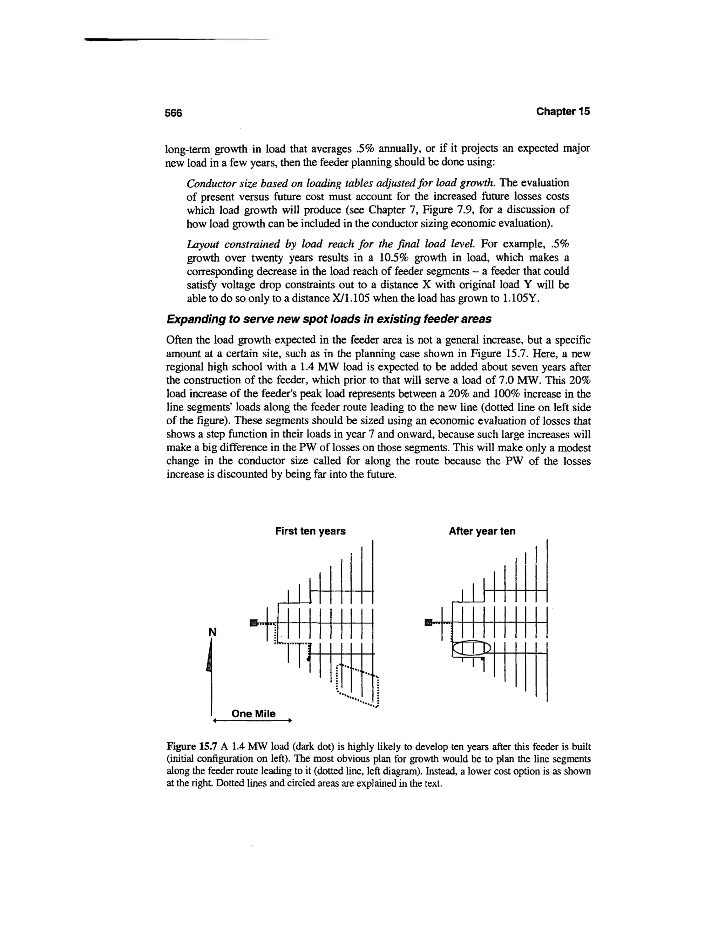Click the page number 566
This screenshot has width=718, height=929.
coord(173,113)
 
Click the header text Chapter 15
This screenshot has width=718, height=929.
coord(563,111)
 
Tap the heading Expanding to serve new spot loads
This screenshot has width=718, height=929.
coord(328,319)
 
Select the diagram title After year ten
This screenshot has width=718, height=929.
coord(482,531)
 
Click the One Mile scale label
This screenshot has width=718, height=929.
coord(253,714)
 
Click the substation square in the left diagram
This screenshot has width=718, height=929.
coord(253,623)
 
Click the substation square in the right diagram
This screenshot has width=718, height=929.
coord(428,623)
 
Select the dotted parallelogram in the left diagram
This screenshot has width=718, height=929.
coord(357,685)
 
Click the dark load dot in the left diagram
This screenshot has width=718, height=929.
coord(308,658)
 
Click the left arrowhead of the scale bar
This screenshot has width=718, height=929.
coord(215,721)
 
